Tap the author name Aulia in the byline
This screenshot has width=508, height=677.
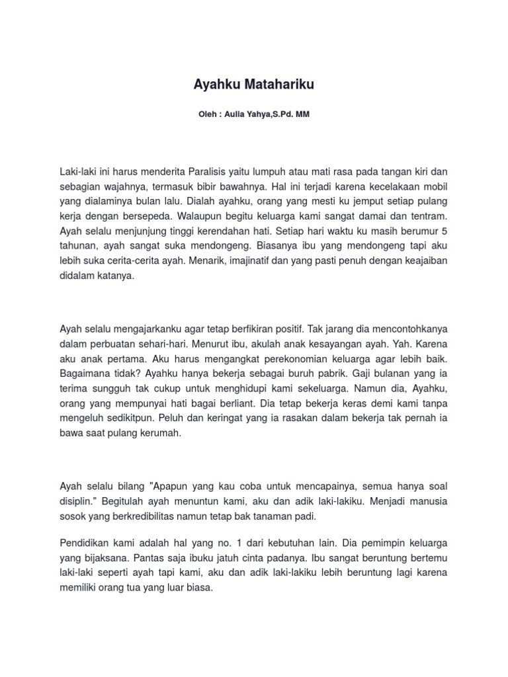click(x=235, y=114)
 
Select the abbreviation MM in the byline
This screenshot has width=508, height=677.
click(x=303, y=114)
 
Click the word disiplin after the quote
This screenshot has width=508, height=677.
click(x=77, y=501)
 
